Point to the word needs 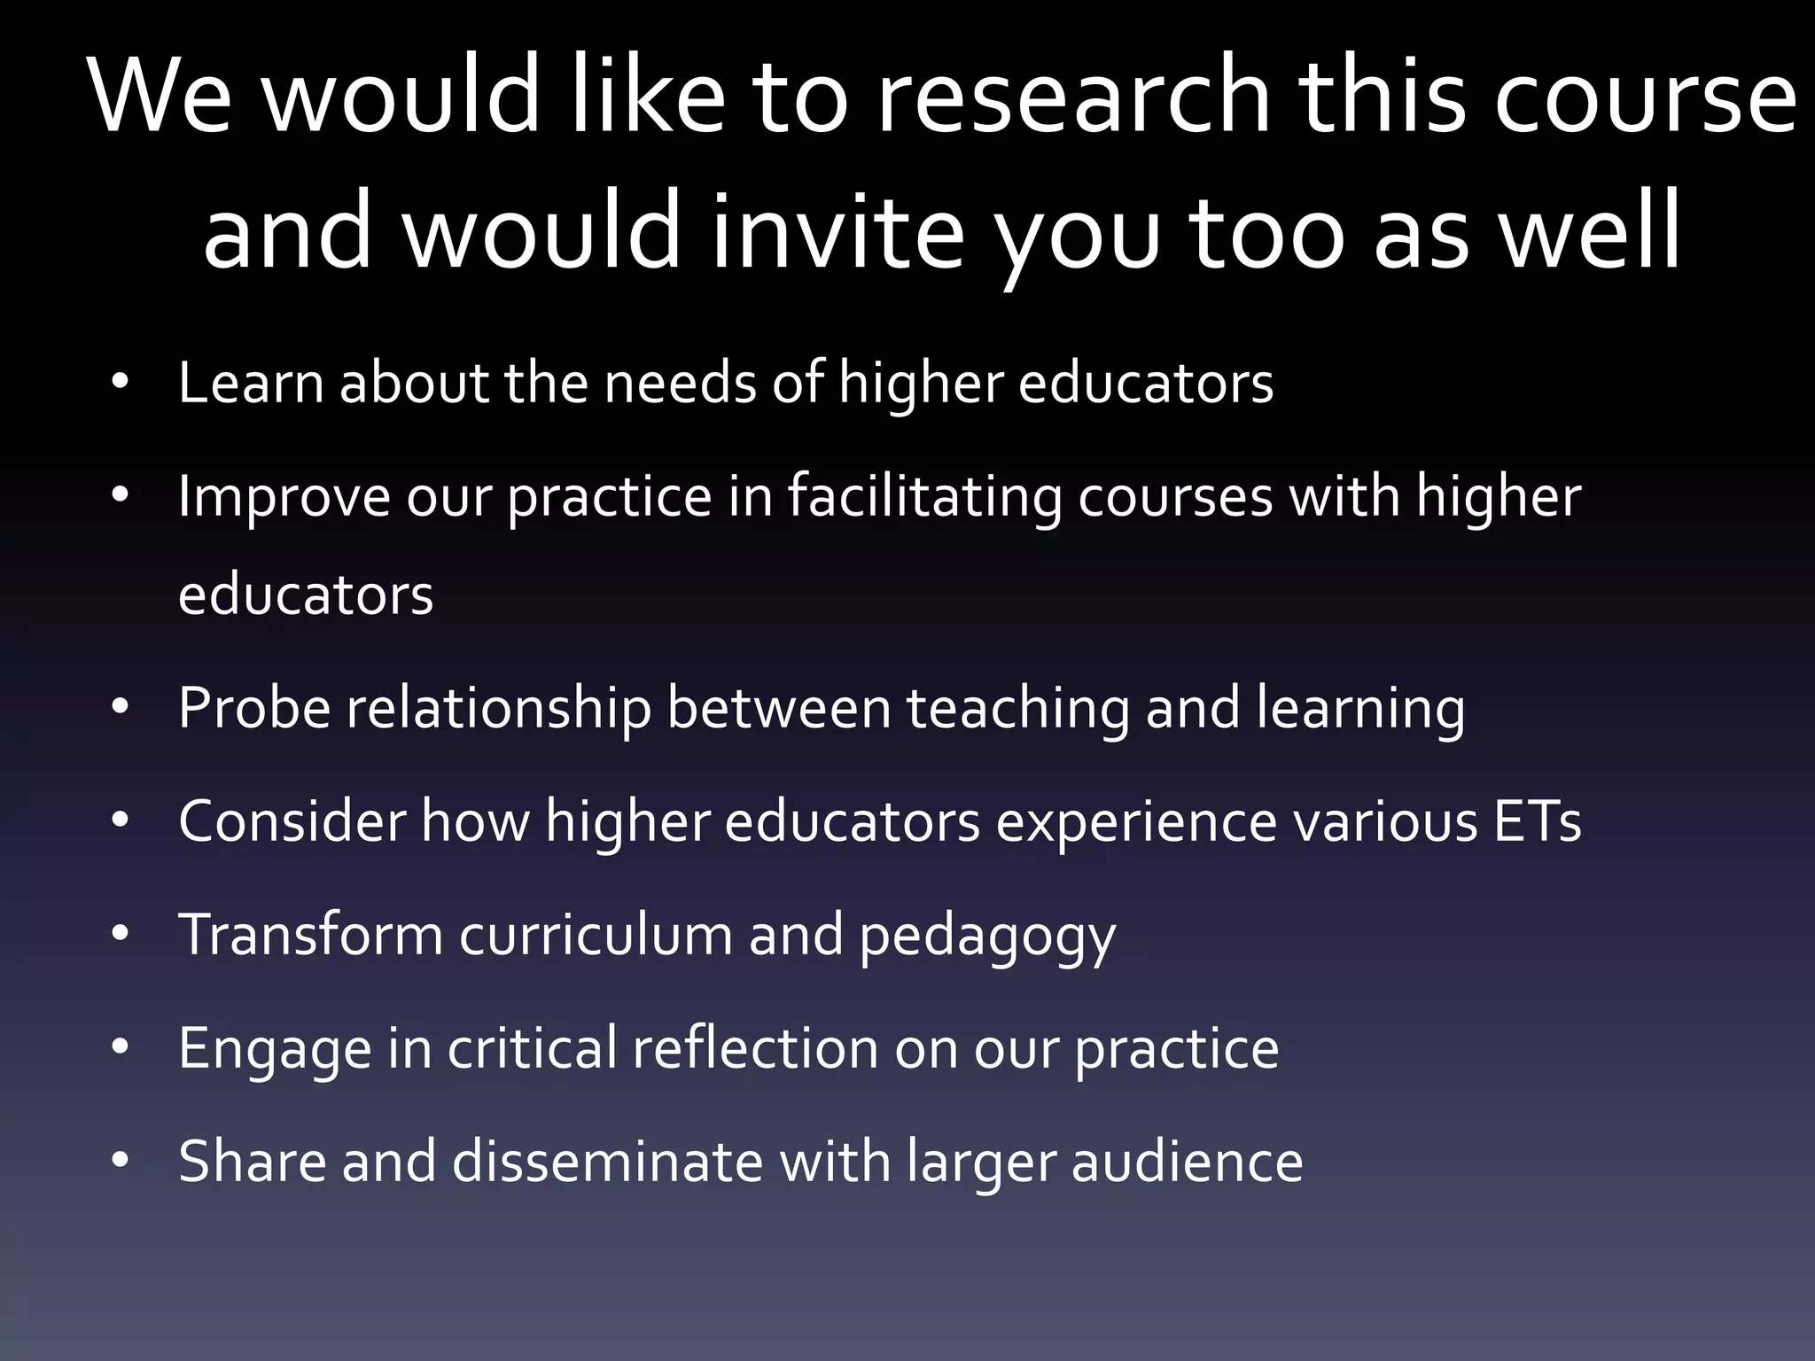pyautogui.click(x=679, y=383)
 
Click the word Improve pyautogui.click(x=284, y=496)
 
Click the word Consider pyautogui.click(x=292, y=821)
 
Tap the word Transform pyautogui.click(x=310, y=935)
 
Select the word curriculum pyautogui.click(x=596, y=935)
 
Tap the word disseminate pyautogui.click(x=607, y=1162)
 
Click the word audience pyautogui.click(x=1187, y=1162)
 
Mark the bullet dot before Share pyautogui.click(x=121, y=1160)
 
